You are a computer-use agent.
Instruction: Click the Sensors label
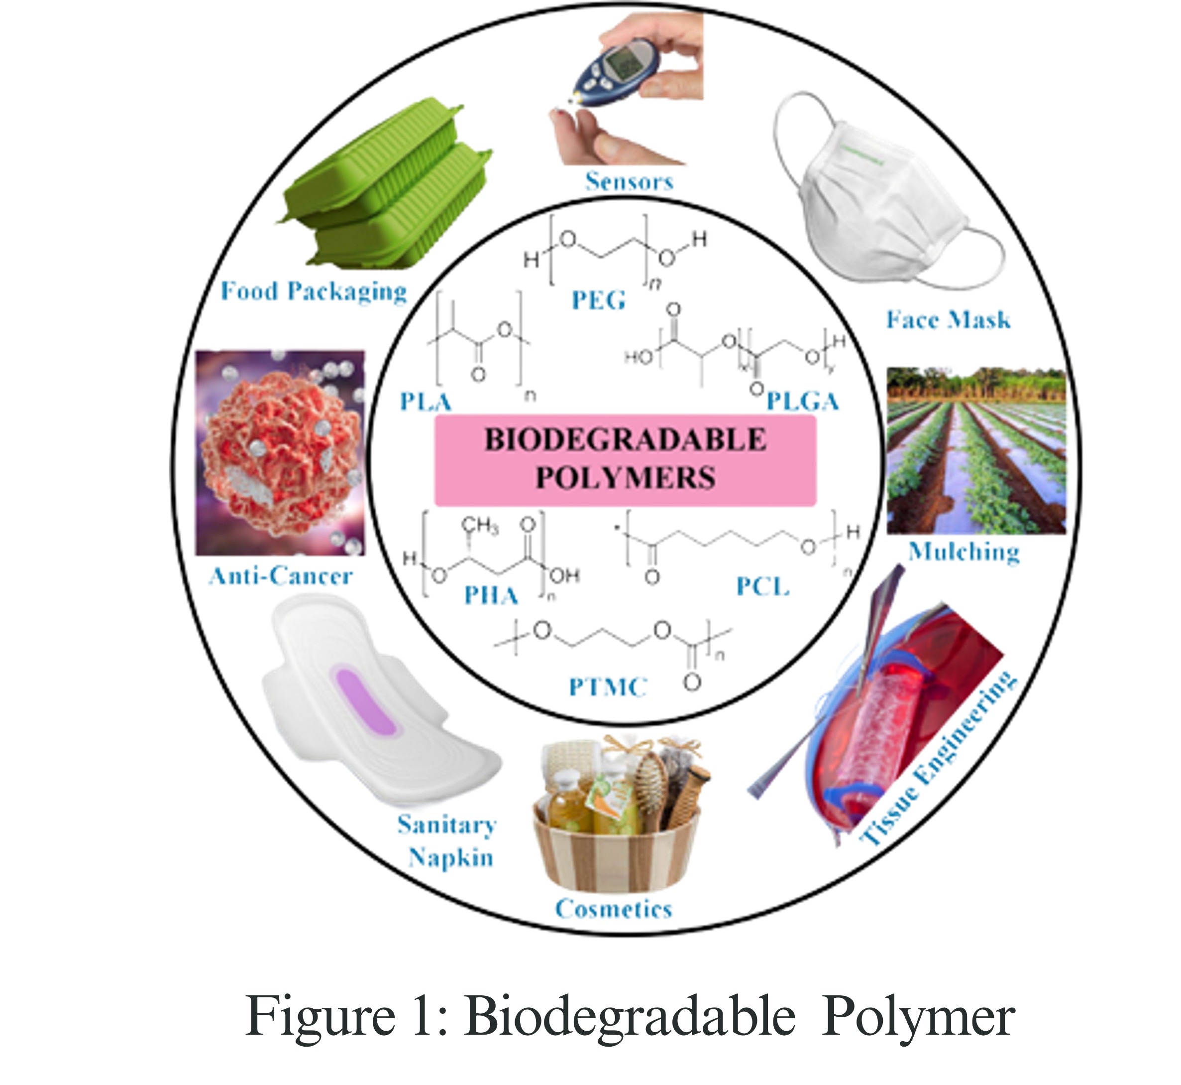(629, 181)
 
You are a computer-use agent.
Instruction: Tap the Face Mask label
(948, 320)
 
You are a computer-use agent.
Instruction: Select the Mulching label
(964, 552)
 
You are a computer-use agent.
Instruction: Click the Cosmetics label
(613, 909)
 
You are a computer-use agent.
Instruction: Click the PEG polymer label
(598, 300)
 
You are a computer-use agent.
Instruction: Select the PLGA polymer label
(803, 402)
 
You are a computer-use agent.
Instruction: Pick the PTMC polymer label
(608, 686)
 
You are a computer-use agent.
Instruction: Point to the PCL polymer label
(762, 586)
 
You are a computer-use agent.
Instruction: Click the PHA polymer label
(491, 595)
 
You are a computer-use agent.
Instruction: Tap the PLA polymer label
(426, 402)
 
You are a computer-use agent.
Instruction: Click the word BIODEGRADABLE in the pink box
(626, 440)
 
